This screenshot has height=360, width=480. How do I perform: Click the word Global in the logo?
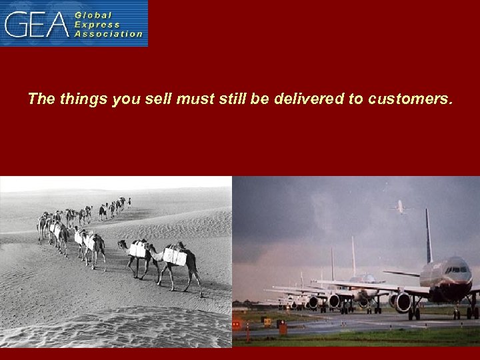click(93, 14)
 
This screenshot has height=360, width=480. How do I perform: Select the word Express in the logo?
click(98, 23)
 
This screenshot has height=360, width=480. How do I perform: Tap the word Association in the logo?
click(109, 33)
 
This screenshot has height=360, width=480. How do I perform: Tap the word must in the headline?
click(197, 100)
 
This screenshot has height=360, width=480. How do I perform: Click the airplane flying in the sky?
click(399, 207)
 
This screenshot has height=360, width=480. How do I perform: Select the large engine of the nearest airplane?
click(403, 301)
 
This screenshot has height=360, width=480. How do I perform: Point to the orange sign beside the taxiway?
click(283, 327)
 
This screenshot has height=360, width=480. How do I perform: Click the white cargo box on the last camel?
click(175, 256)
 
